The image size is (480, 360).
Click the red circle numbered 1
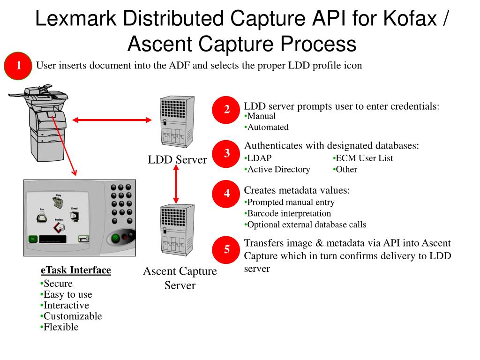click(x=18, y=66)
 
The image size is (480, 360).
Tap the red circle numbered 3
click(x=227, y=153)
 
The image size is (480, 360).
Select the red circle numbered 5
click(x=227, y=249)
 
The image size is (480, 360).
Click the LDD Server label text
click(x=177, y=160)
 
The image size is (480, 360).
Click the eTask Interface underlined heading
click(x=76, y=270)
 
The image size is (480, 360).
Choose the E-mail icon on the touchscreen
click(x=74, y=216)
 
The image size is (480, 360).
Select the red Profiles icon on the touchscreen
click(x=59, y=227)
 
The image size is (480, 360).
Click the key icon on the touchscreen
click(x=83, y=239)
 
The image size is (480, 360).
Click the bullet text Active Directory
click(x=278, y=170)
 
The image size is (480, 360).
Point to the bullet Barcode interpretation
click(x=289, y=214)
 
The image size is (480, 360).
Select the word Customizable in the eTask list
click(x=73, y=316)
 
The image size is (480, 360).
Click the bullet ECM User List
click(x=364, y=158)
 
